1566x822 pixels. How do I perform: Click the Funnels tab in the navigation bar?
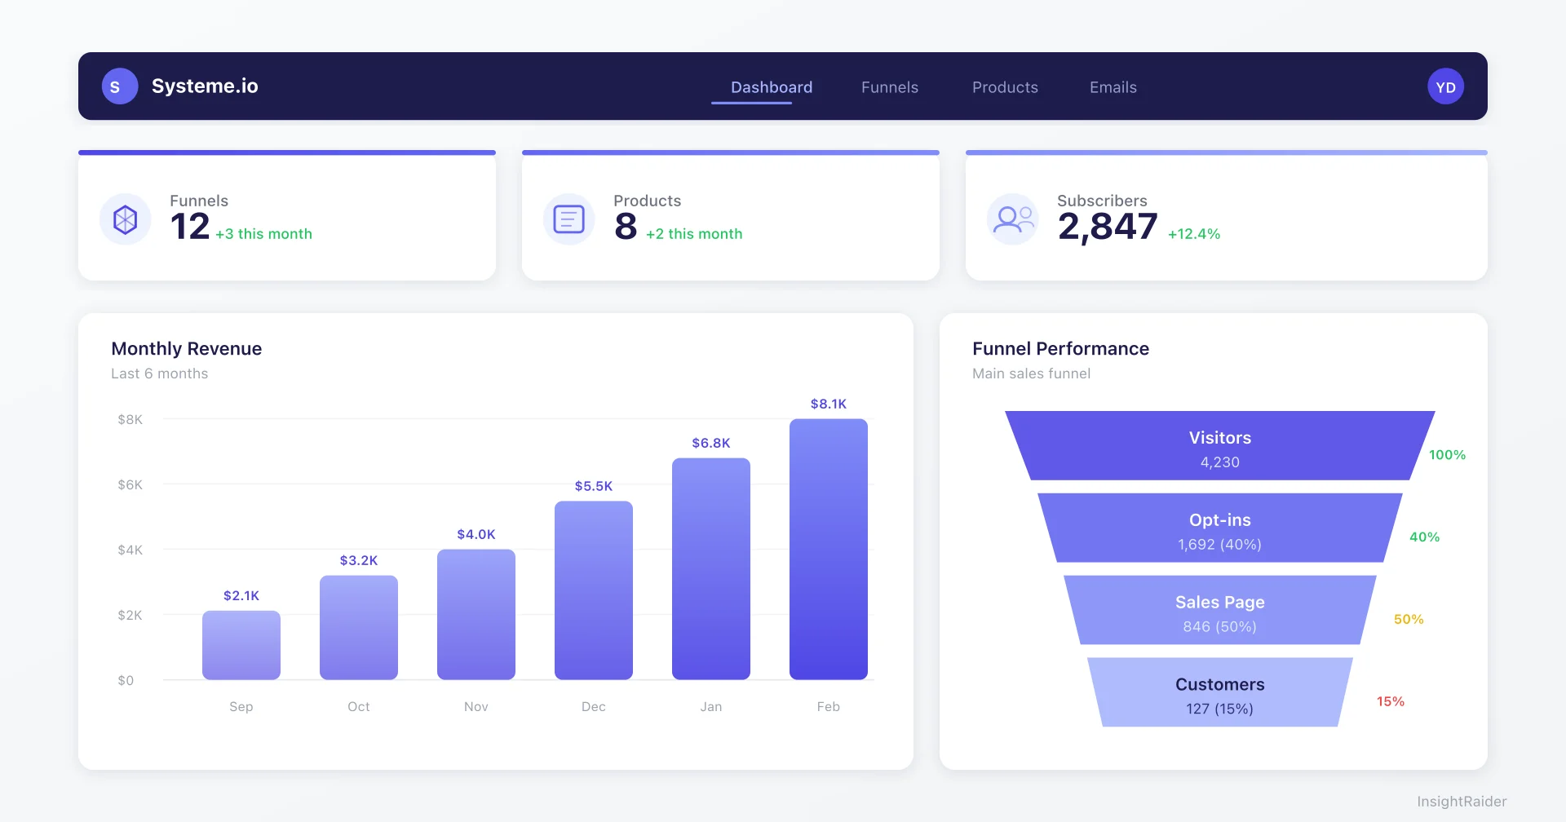pyautogui.click(x=889, y=87)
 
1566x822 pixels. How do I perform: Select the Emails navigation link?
pyautogui.click(x=1113, y=87)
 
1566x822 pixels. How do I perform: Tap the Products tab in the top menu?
pyautogui.click(x=1005, y=87)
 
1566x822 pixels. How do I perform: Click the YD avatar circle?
pyautogui.click(x=1445, y=86)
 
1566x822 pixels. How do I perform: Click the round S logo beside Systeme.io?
pyautogui.click(x=119, y=86)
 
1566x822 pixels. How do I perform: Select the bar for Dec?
pyautogui.click(x=593, y=590)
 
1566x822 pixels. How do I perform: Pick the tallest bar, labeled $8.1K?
pyautogui.click(x=828, y=549)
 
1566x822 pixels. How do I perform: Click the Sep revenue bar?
pyautogui.click(x=241, y=645)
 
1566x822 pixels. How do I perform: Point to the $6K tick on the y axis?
pyautogui.click(x=130, y=484)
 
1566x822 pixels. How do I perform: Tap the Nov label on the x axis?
pyautogui.click(x=476, y=706)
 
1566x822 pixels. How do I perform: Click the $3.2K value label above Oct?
pyautogui.click(x=358, y=560)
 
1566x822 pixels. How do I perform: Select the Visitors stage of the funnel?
pyautogui.click(x=1219, y=446)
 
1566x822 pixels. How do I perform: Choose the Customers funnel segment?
pyautogui.click(x=1219, y=692)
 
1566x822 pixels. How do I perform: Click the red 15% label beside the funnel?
pyautogui.click(x=1390, y=701)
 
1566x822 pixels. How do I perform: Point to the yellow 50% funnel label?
pyautogui.click(x=1408, y=619)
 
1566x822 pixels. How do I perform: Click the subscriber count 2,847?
pyautogui.click(x=1107, y=227)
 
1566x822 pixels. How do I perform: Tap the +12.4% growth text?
pyautogui.click(x=1193, y=234)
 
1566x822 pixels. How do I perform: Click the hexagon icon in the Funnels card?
pyautogui.click(x=125, y=219)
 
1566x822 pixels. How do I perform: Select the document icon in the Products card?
pyautogui.click(x=568, y=219)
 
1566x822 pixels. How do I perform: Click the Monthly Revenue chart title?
pyautogui.click(x=186, y=348)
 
